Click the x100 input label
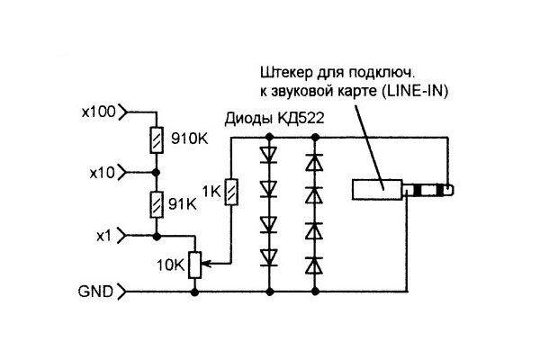pyautogui.click(x=98, y=112)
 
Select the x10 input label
pyautogui.click(x=103, y=173)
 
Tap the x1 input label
pyautogui.click(x=104, y=237)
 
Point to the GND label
pyautogui.click(x=95, y=292)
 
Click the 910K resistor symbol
pyautogui.click(x=157, y=140)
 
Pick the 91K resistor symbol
pyautogui.click(x=157, y=204)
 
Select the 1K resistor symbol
pyautogui.click(x=231, y=192)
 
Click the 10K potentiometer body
pyautogui.click(x=195, y=265)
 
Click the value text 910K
pyautogui.click(x=190, y=139)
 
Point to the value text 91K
pyautogui.click(x=183, y=204)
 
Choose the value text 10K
pyautogui.click(x=171, y=265)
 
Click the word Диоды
pyautogui.click(x=248, y=119)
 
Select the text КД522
pyautogui.click(x=301, y=119)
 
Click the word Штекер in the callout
pyautogui.click(x=286, y=73)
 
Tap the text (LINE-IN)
pyautogui.click(x=415, y=92)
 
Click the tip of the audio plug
pyautogui.click(x=450, y=190)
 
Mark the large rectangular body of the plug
pyautogui.click(x=377, y=190)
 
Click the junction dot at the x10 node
pyautogui.click(x=157, y=172)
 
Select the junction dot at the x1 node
pyautogui.click(x=157, y=237)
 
